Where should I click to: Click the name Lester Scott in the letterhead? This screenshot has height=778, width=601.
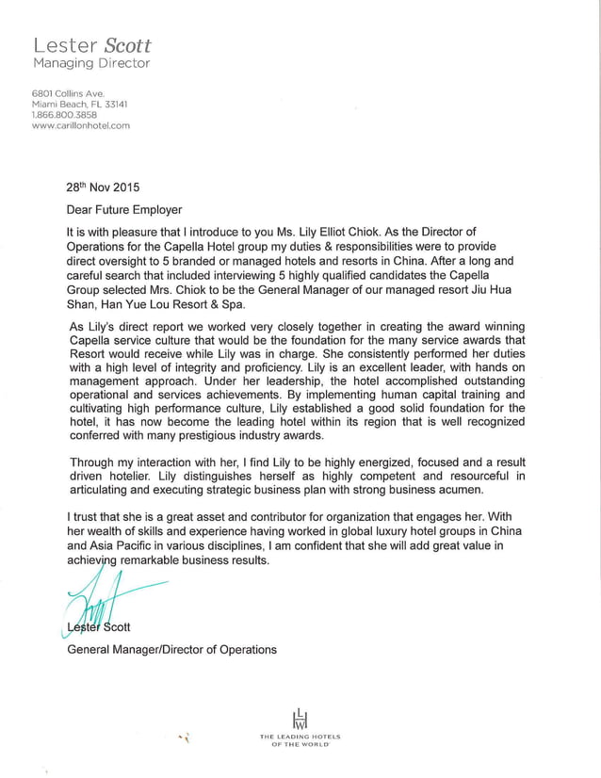pyautogui.click(x=91, y=45)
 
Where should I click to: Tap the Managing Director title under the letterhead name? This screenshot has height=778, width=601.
pyautogui.click(x=91, y=63)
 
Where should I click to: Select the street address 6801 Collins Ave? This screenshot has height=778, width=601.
pyautogui.click(x=68, y=94)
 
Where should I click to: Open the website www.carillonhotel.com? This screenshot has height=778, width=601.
pyautogui.click(x=81, y=124)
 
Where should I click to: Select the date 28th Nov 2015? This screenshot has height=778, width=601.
pyautogui.click(x=102, y=186)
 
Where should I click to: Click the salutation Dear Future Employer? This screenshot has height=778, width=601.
pyautogui.click(x=123, y=209)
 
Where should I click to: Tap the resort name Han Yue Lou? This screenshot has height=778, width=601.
pyautogui.click(x=141, y=305)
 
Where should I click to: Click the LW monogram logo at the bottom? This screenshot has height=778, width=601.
pyautogui.click(x=300, y=718)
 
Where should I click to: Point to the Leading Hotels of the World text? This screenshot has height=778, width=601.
pyautogui.click(x=300, y=739)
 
